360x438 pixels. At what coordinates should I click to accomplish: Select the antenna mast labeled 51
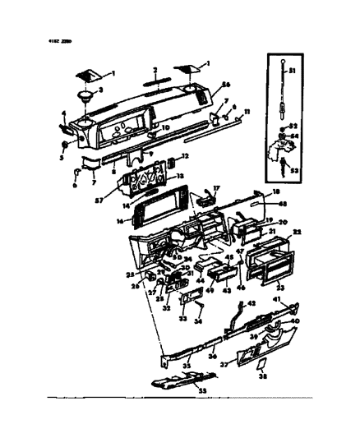[x=282, y=95]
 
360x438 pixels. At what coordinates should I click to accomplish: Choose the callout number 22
[x=298, y=233]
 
